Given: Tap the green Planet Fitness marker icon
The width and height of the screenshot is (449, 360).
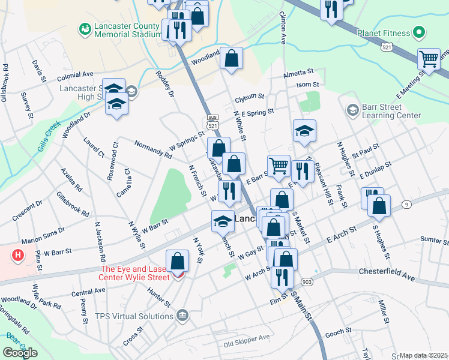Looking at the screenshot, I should tap(419, 32).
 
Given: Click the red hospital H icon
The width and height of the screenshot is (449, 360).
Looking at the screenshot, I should tap(18, 254).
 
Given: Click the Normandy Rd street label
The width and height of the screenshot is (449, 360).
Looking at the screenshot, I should tap(153, 149).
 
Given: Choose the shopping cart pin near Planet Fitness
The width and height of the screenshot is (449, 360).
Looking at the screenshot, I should tap(429, 59).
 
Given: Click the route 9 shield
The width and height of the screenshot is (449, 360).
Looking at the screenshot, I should tap(406, 205).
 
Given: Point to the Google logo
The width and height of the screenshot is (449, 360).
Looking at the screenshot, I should tap(20, 353).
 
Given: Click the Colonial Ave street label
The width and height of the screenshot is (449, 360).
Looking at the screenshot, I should tap(76, 76).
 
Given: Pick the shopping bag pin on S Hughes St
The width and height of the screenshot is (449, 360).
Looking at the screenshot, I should tap(379, 206).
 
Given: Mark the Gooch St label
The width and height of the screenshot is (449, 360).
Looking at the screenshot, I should tap(338, 331).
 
